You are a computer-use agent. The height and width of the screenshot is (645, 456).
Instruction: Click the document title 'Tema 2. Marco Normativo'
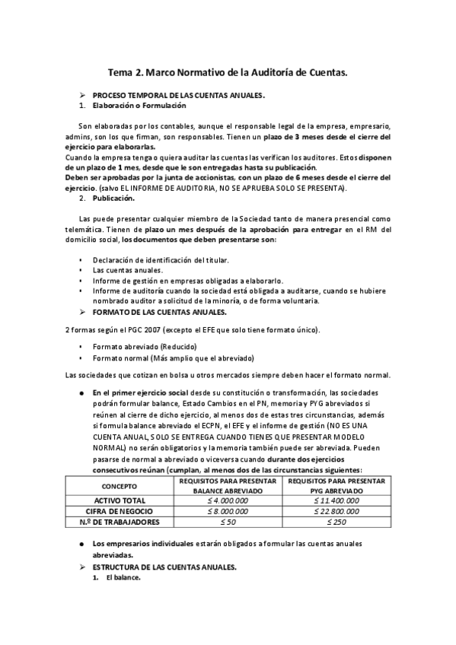point(228,73)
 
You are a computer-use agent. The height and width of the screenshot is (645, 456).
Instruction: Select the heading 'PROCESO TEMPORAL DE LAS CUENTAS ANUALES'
point(178,96)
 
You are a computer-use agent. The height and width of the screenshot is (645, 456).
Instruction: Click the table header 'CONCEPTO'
point(120,485)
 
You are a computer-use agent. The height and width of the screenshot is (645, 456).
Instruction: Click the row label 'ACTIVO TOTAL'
point(120,500)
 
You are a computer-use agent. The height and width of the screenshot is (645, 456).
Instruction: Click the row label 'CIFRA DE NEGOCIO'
point(120,511)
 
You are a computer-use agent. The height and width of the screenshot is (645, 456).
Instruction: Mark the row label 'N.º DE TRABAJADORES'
point(120,523)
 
